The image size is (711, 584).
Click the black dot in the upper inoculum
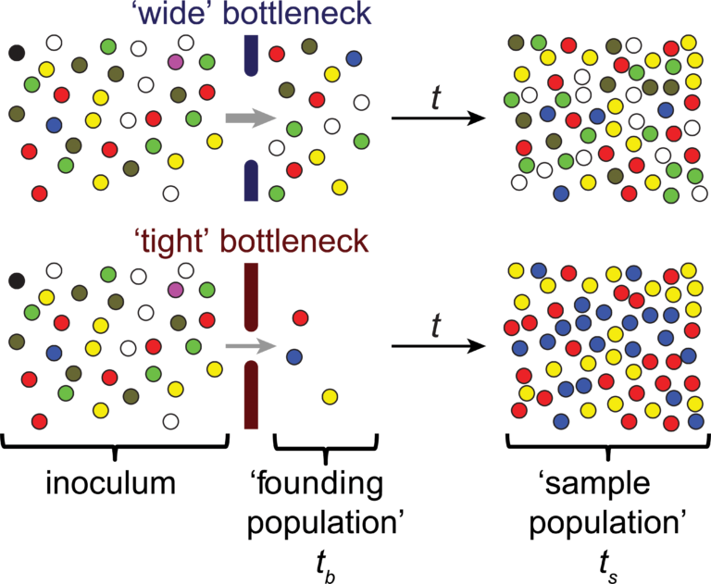coord(16,52)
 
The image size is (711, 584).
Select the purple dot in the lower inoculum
coord(177,291)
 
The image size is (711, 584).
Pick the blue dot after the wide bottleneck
coord(353,58)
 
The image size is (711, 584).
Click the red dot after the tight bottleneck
coord(300,318)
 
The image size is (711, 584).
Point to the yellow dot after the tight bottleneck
coord(329,397)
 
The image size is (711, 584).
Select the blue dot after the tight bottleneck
coord(293,354)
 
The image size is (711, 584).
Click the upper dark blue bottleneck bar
coord(250,56)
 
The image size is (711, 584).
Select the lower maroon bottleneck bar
coord(250,393)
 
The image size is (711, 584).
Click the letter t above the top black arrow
coord(436,96)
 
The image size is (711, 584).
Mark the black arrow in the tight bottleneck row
coord(439,347)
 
